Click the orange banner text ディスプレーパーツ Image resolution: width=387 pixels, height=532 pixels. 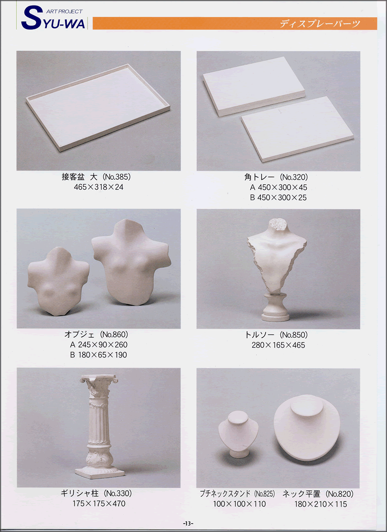[320, 24]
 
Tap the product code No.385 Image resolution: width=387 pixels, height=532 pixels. [117, 177]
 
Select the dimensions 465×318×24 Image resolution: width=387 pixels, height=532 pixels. [99, 187]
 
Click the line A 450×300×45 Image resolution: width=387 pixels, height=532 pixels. [279, 187]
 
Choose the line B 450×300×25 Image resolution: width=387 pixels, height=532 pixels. [279, 198]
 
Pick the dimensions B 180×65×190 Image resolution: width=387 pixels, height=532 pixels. [99, 355]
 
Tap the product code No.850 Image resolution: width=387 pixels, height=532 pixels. [294, 335]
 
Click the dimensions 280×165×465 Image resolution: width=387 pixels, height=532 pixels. [278, 345]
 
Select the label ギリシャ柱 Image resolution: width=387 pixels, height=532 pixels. [80, 493]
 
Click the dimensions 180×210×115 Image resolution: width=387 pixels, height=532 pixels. [320, 504]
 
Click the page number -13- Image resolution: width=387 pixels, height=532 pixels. [188, 523]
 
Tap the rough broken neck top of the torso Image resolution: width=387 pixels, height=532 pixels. [278, 224]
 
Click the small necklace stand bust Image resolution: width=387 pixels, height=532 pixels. [238, 434]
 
